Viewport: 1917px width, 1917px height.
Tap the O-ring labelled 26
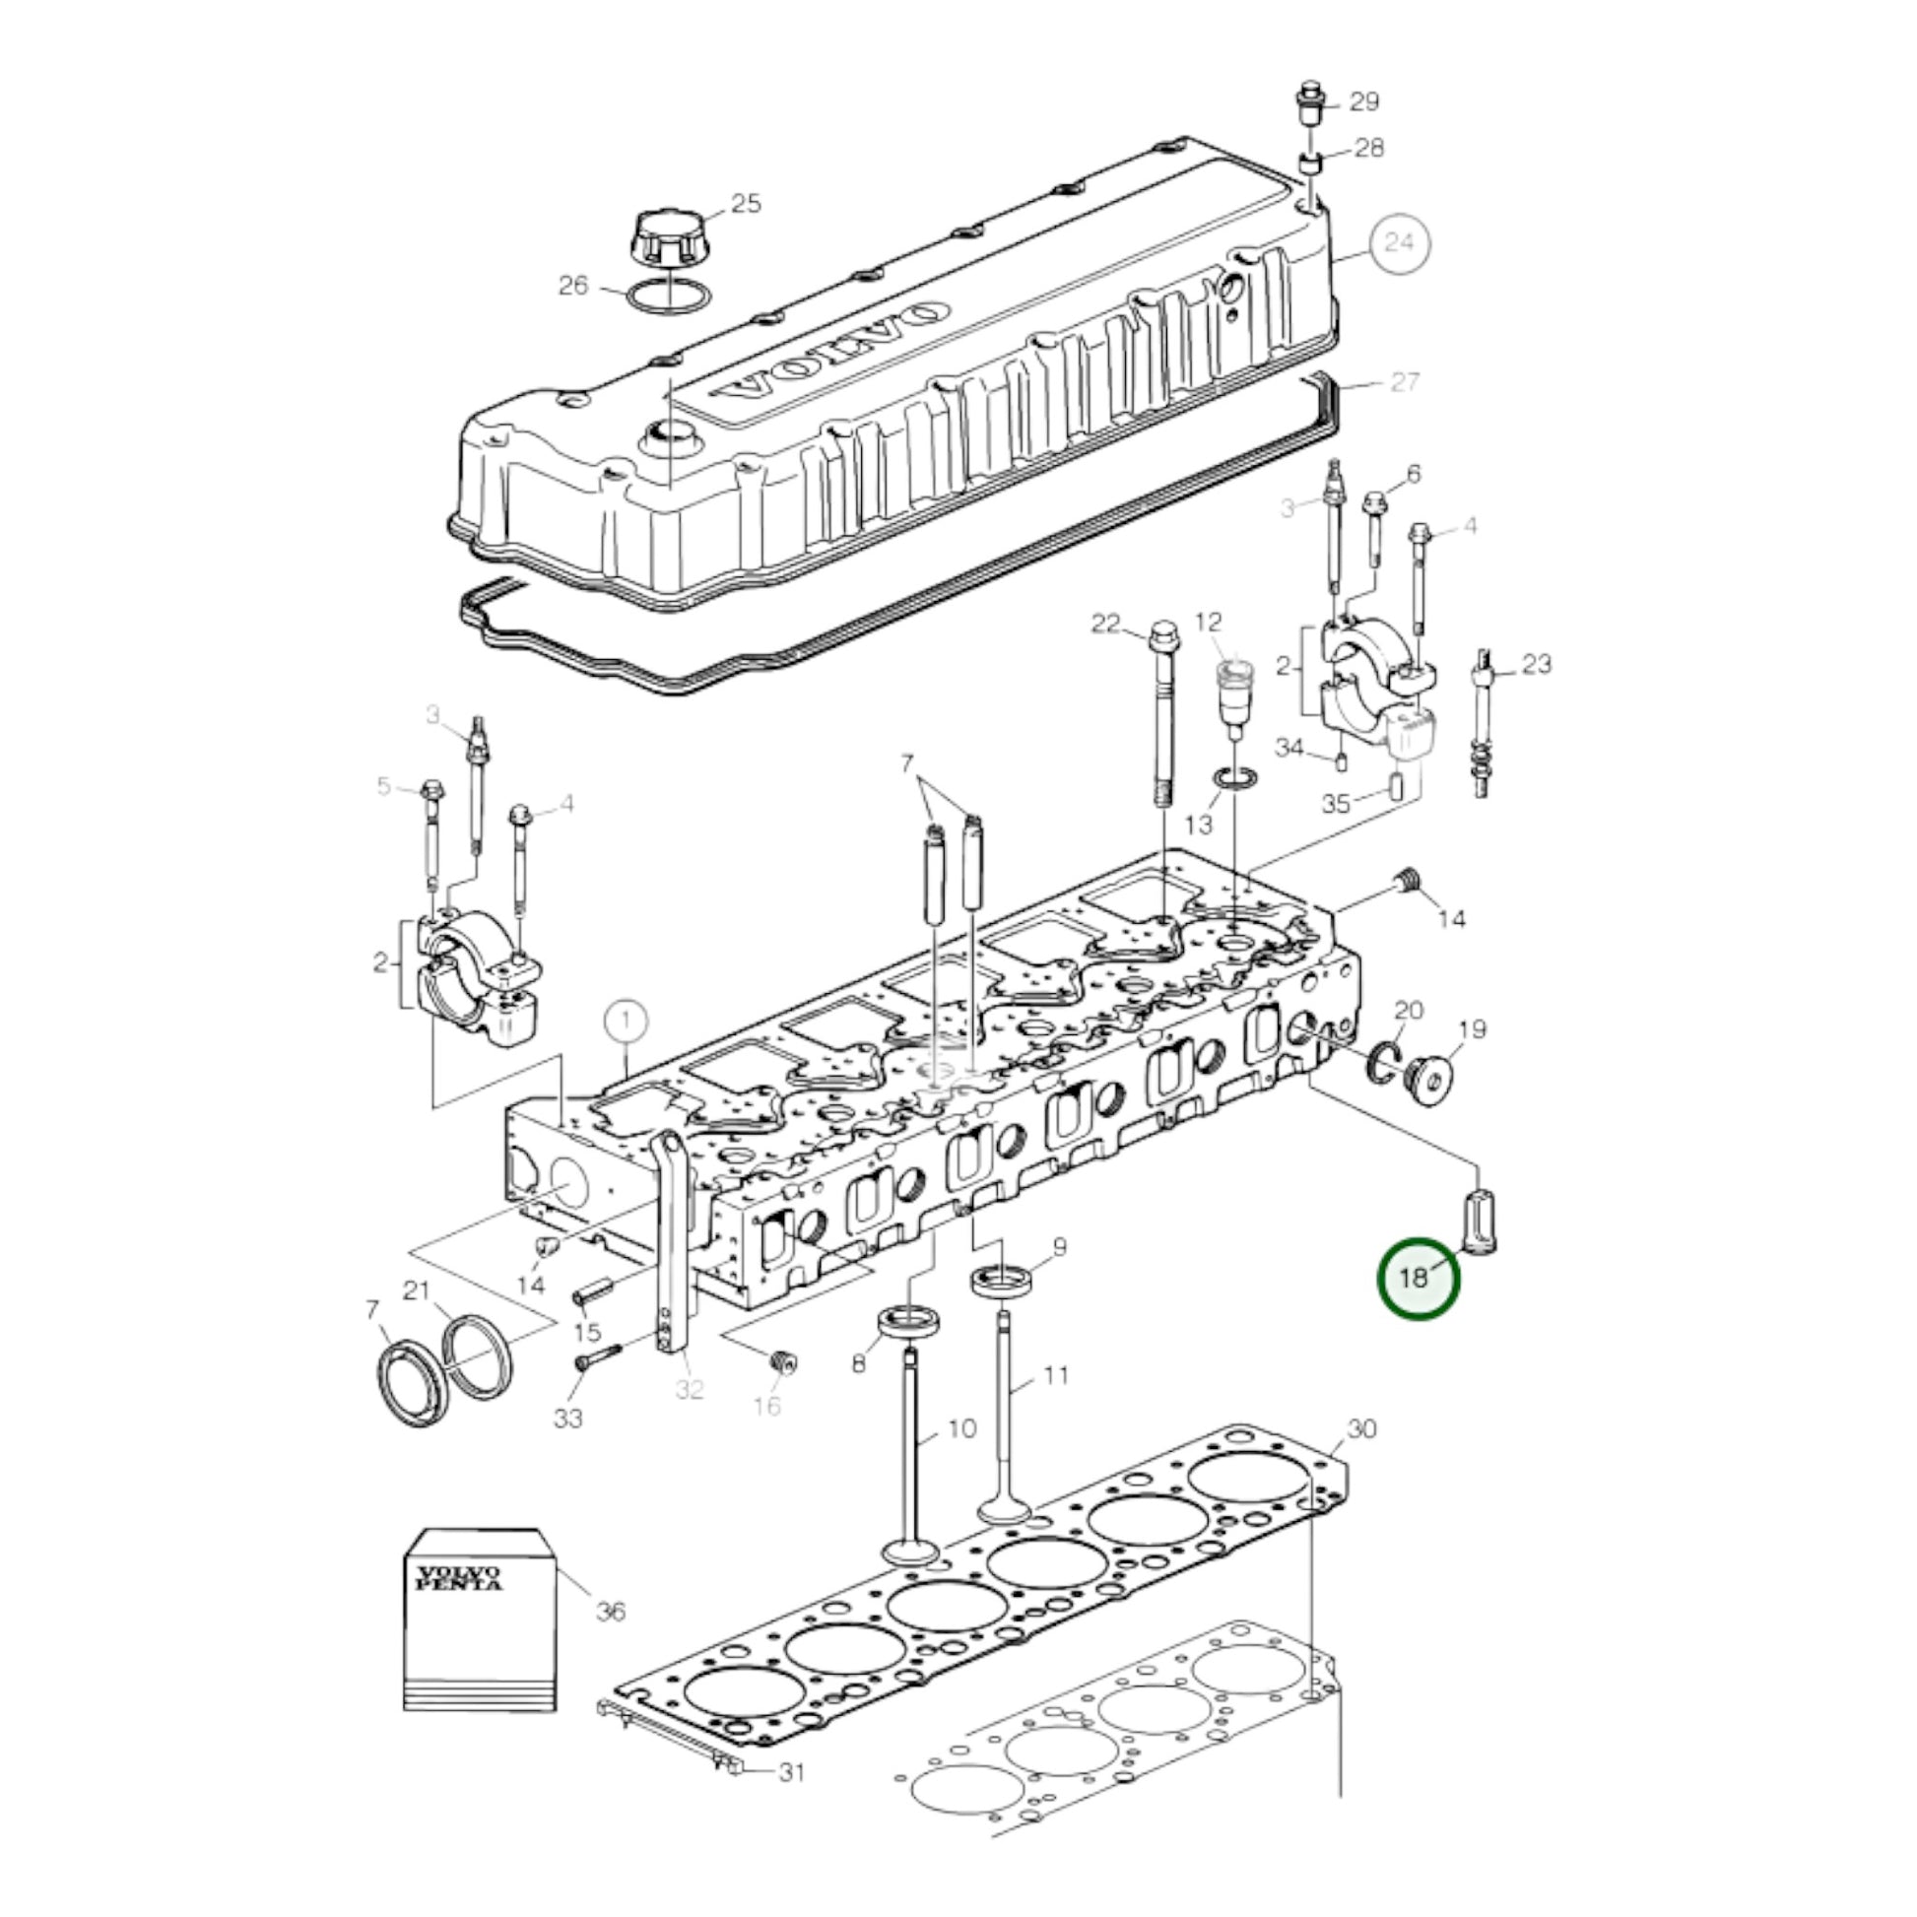click(669, 297)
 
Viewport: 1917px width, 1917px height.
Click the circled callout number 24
click(1399, 242)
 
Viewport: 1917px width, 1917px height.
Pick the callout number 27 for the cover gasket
click(1406, 381)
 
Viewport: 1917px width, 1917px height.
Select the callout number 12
click(1209, 623)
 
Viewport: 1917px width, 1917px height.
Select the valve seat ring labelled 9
click(1002, 1279)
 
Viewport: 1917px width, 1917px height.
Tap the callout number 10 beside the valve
click(961, 1427)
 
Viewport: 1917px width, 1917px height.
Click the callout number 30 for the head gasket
click(1362, 1427)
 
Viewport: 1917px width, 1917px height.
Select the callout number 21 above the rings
click(416, 1290)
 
